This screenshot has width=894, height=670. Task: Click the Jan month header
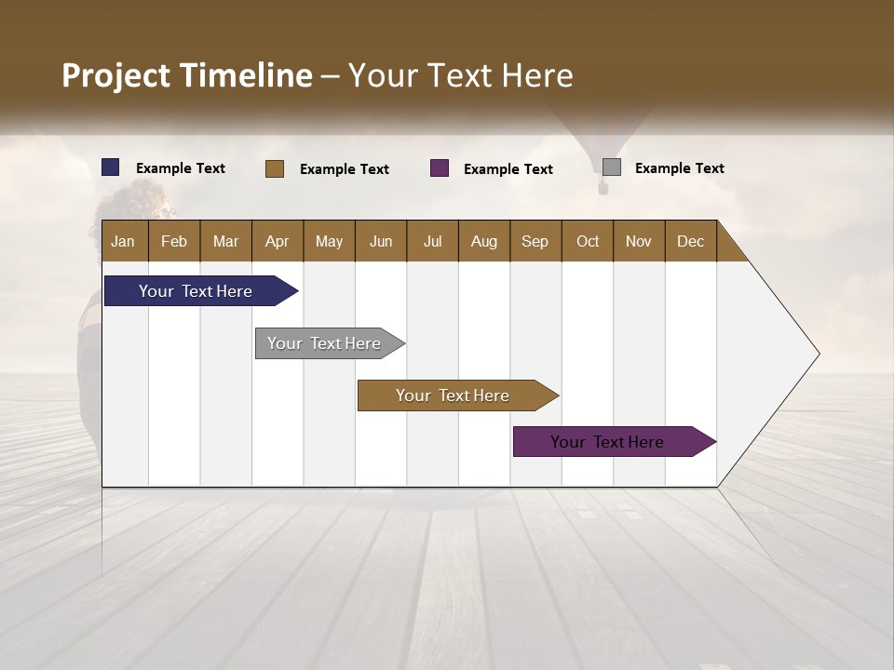[x=123, y=241]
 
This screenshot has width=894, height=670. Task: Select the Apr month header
[x=278, y=241]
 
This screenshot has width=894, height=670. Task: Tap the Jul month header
[x=432, y=241]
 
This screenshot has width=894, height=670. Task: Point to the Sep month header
[x=535, y=241]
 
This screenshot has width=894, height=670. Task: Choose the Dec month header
[x=690, y=241]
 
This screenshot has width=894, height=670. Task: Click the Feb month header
[x=174, y=241]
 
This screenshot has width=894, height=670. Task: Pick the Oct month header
[x=588, y=241]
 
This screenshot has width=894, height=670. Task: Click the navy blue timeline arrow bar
[x=196, y=291]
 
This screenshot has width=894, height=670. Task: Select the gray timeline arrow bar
[x=324, y=343]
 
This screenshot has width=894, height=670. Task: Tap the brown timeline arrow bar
[x=453, y=395]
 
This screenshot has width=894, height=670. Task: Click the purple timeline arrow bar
[x=607, y=442]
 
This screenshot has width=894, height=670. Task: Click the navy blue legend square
[x=111, y=167]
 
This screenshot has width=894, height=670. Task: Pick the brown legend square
[x=275, y=168]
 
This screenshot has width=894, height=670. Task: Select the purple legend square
[x=440, y=168]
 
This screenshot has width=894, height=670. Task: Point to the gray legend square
[x=612, y=167]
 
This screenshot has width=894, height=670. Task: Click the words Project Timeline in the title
[x=186, y=75]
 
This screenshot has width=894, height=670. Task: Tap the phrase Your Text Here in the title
[x=461, y=75]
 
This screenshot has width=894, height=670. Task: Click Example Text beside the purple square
[x=508, y=169]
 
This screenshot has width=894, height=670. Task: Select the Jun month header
[x=381, y=241]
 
